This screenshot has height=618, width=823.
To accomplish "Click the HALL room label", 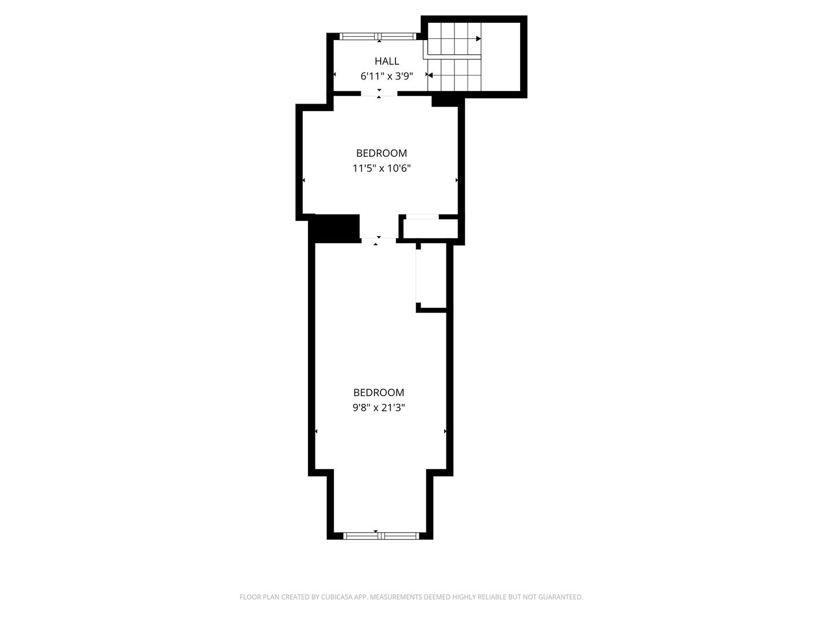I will pos(387,61).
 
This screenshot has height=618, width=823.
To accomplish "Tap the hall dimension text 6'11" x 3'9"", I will pos(386,76).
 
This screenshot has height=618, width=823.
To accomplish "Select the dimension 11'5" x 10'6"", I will pos(382,168).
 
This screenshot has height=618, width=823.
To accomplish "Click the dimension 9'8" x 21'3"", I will pos(379,408).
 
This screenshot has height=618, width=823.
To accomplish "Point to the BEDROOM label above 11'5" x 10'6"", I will pos(381,153).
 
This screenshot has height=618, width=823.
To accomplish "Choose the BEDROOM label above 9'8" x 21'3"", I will pos(378,393).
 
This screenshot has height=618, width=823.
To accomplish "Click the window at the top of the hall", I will pos(379,37).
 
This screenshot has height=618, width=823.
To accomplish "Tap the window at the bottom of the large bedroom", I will pos(381,536).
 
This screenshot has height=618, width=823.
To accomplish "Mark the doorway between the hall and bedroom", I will pos(379,94).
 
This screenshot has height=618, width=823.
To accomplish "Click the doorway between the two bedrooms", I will pos(378,240).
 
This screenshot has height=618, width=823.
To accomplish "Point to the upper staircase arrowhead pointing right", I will pos(478,39).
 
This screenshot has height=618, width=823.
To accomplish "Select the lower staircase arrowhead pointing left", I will pos(430,76).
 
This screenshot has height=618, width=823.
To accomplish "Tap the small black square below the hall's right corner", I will pos(445,101).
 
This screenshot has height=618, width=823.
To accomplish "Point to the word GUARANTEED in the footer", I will pos(561,597).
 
